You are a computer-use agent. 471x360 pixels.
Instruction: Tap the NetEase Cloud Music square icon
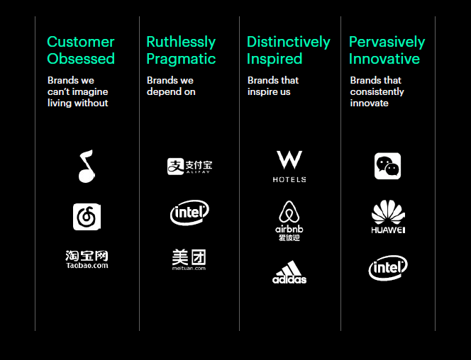(x=87, y=217)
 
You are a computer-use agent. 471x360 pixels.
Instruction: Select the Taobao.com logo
(x=87, y=259)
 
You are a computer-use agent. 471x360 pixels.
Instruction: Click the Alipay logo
(x=190, y=167)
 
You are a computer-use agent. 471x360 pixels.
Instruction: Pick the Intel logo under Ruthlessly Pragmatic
(x=189, y=213)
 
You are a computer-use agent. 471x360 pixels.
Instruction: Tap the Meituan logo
(x=189, y=259)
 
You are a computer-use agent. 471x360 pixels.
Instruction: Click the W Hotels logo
(x=289, y=167)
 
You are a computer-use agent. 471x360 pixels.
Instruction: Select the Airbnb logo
(x=289, y=220)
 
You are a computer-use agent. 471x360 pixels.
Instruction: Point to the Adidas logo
(x=289, y=272)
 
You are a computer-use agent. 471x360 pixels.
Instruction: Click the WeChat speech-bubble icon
(x=387, y=166)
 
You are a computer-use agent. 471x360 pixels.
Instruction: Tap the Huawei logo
(x=388, y=217)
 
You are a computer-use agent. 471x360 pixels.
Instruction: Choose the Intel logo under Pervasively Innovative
(x=388, y=268)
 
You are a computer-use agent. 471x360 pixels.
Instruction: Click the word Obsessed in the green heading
(x=81, y=59)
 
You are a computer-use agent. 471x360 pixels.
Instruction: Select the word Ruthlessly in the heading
(x=181, y=43)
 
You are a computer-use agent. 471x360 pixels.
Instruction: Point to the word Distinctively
(x=289, y=42)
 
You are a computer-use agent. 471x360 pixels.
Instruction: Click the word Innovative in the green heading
(x=384, y=59)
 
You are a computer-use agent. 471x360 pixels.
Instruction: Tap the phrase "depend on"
(x=171, y=92)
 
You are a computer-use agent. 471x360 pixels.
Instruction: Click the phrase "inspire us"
(x=269, y=92)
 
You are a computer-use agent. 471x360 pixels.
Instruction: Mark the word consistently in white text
(x=377, y=92)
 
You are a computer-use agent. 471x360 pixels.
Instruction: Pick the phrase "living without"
(x=77, y=103)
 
